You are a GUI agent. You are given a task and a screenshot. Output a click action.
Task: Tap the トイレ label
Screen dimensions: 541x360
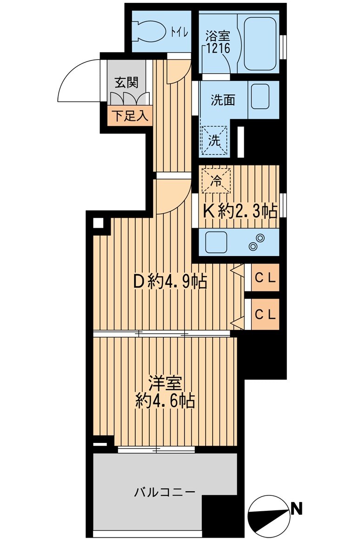tap(179, 32)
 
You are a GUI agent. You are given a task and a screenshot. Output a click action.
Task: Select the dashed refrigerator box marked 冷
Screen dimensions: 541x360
tap(215, 179)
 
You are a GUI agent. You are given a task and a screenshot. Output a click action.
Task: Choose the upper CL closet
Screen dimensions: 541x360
tap(265, 278)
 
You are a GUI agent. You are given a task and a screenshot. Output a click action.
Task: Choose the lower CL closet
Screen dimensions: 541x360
tap(265, 314)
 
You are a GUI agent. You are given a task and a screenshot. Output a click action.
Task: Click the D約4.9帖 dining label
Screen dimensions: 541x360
tap(170, 281)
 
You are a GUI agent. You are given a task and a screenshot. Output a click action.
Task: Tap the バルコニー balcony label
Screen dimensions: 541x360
tap(165, 492)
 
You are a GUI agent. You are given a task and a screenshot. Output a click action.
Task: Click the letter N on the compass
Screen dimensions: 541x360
tap(297, 508)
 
